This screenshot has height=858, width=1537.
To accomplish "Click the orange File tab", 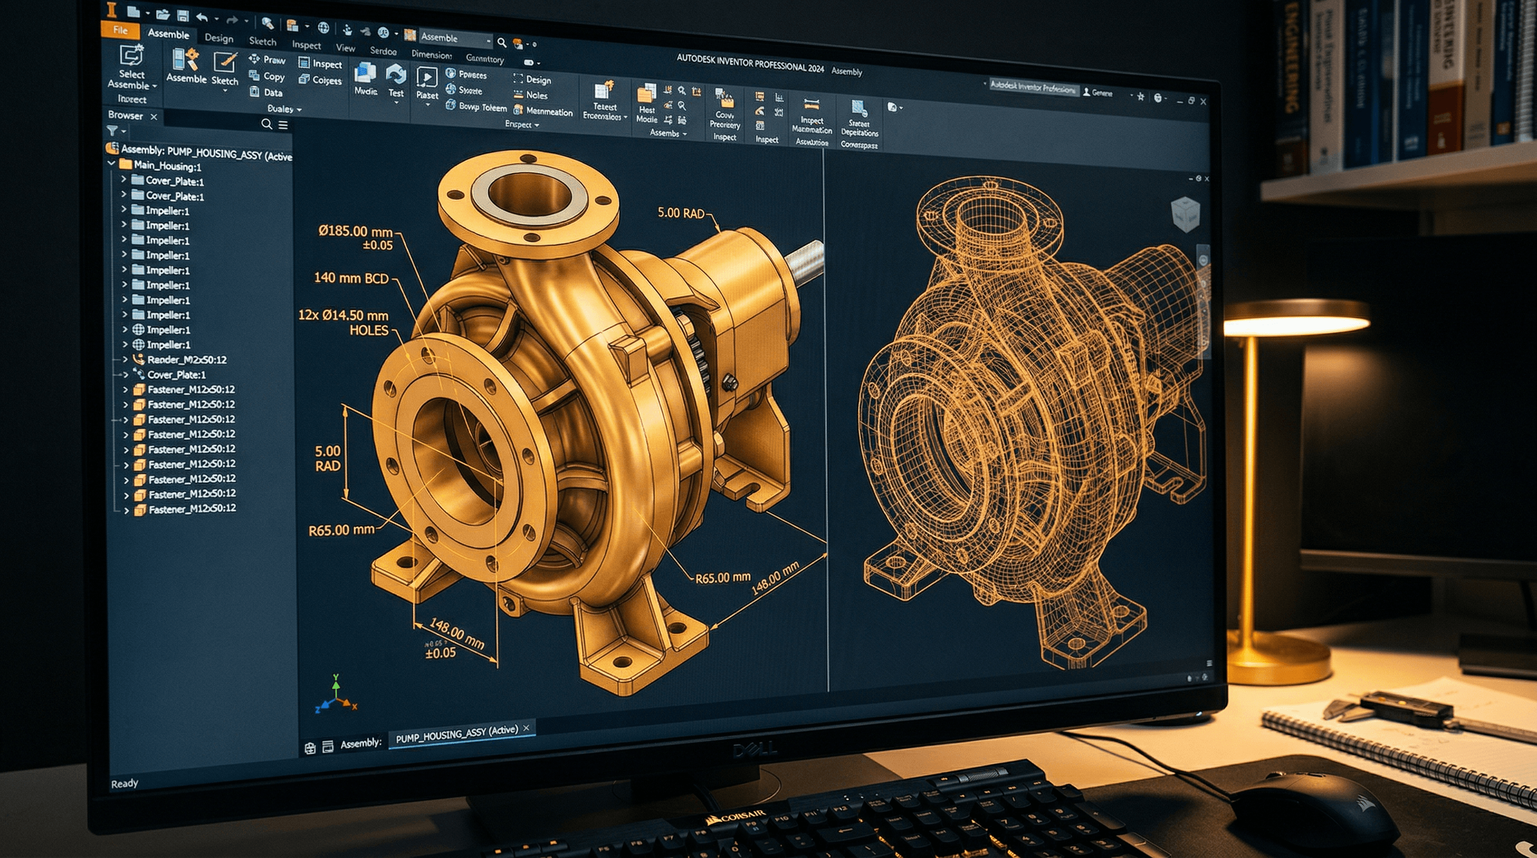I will pyautogui.click(x=120, y=30).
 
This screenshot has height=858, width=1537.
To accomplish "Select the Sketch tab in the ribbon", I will pyautogui.click(x=262, y=41).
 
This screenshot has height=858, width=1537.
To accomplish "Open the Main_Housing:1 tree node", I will pyautogui.click(x=167, y=165).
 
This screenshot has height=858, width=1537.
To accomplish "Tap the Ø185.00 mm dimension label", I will pyautogui.click(x=356, y=231).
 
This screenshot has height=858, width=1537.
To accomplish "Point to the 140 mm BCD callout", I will pyautogui.click(x=351, y=278).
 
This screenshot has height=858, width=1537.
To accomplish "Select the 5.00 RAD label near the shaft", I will pyautogui.click(x=680, y=213).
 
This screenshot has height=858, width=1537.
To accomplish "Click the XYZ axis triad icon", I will pyautogui.click(x=335, y=695).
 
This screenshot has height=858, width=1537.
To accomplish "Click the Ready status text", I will pyautogui.click(x=124, y=783).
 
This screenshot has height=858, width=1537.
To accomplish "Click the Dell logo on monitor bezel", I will pyautogui.click(x=754, y=750).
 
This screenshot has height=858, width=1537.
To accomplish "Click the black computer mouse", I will pyautogui.click(x=1312, y=805).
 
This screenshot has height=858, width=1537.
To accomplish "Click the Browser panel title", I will pyautogui.click(x=125, y=115).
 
